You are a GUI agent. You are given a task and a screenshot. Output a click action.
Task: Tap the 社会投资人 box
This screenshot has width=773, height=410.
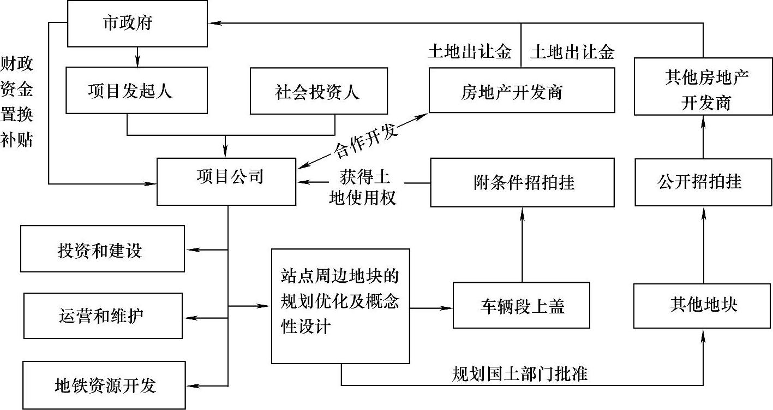pyautogui.click(x=319, y=91)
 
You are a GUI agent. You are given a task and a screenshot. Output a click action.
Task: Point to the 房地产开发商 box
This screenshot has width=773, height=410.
pyautogui.click(x=522, y=91)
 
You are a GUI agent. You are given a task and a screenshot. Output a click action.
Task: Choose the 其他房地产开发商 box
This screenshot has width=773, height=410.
pyautogui.click(x=703, y=91)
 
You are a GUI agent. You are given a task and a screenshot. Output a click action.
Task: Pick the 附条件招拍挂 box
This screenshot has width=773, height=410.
pyautogui.click(x=523, y=182)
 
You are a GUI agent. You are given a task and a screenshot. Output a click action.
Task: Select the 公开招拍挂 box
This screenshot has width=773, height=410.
pyautogui.click(x=703, y=181)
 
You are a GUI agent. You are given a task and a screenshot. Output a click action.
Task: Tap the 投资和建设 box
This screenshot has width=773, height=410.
pyautogui.click(x=103, y=249)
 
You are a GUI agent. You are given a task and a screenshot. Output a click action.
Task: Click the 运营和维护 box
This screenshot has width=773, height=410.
pyautogui.click(x=103, y=316)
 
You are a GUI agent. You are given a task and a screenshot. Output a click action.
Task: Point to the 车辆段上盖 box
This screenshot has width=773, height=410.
pyautogui.click(x=522, y=305)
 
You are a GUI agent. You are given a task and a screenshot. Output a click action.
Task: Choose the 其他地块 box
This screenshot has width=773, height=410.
pyautogui.click(x=703, y=304)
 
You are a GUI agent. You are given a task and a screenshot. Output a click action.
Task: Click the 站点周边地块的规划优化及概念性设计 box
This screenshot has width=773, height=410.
pyautogui.click(x=340, y=306)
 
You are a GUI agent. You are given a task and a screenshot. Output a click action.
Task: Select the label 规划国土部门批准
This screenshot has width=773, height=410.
pyautogui.click(x=519, y=374)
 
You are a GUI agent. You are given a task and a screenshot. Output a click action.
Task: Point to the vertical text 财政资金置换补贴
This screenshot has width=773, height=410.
pyautogui.click(x=16, y=102)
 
